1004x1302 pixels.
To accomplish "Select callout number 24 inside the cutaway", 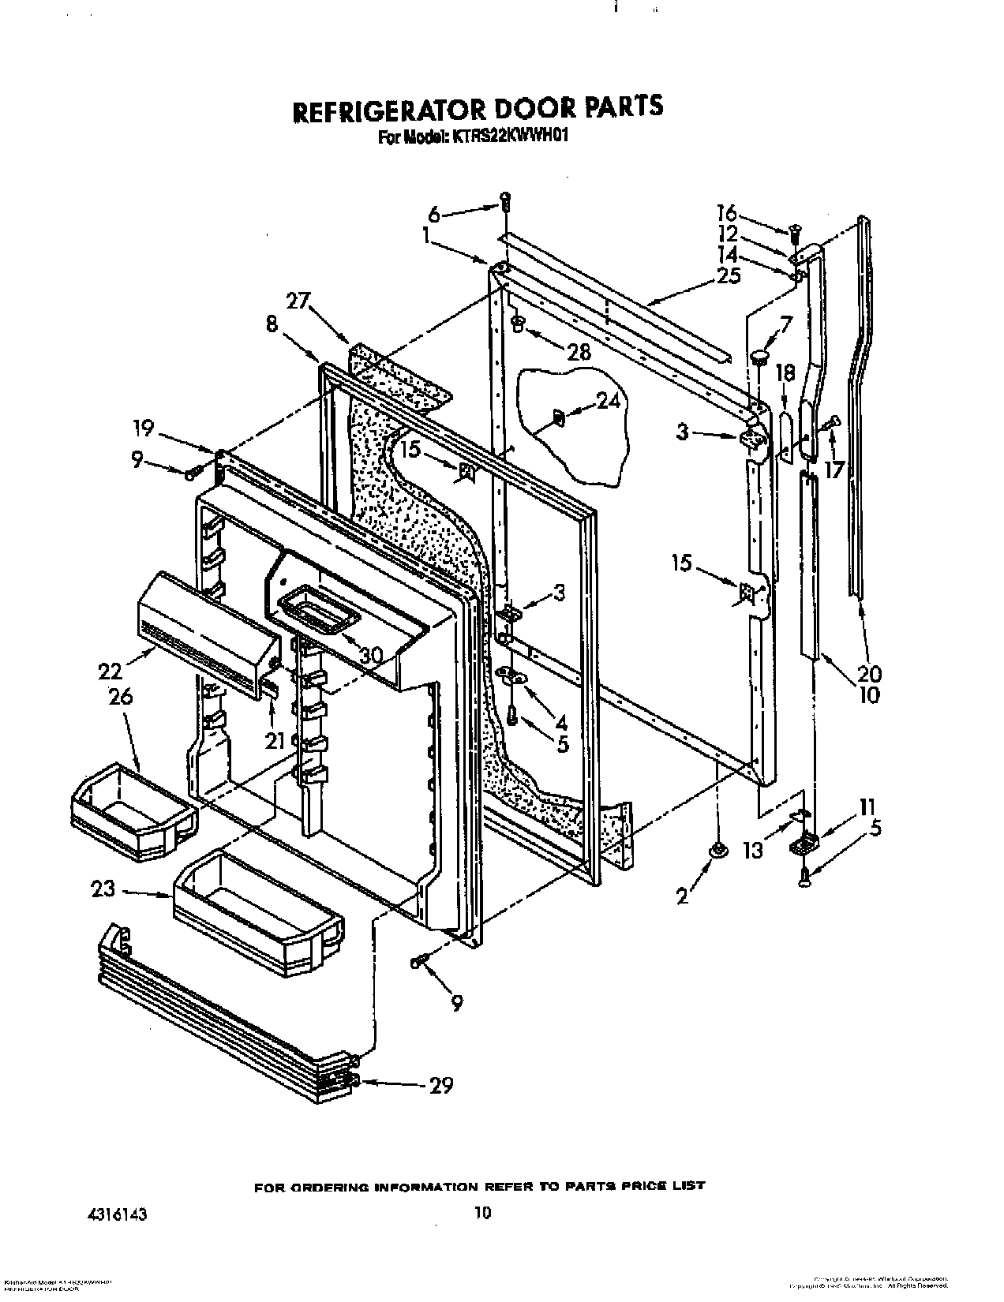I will [608, 402].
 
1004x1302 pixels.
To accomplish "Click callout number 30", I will [370, 655].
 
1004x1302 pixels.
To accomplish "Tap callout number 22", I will [111, 671].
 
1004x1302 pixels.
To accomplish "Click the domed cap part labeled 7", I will [759, 357].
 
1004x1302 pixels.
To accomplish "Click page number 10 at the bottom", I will [483, 1190].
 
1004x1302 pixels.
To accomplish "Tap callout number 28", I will [579, 352].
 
